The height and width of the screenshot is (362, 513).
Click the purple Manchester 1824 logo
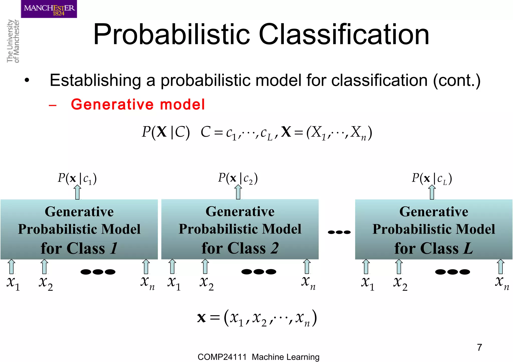pyautogui.click(x=49, y=9)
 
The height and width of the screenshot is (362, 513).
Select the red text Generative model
pyautogui.click(x=138, y=104)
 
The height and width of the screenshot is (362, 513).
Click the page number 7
pyautogui.click(x=479, y=347)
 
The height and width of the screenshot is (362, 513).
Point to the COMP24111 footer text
pyautogui.click(x=222, y=357)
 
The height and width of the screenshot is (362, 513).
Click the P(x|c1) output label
pyautogui.click(x=77, y=178)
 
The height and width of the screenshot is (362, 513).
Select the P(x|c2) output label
pyautogui.click(x=238, y=178)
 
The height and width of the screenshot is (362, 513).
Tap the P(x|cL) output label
pyautogui.click(x=432, y=178)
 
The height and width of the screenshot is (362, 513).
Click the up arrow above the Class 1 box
pyautogui.click(x=78, y=192)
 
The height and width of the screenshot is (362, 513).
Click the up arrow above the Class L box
pyautogui.click(x=432, y=192)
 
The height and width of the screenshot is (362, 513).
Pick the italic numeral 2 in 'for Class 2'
pyautogui.click(x=275, y=248)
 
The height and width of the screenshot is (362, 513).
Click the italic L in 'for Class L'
pyautogui.click(x=468, y=248)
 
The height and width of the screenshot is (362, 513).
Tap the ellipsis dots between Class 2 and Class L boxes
pyautogui.click(x=339, y=232)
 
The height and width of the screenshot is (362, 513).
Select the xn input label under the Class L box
pyautogui.click(x=502, y=283)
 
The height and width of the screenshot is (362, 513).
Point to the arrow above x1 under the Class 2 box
pyautogui.click(x=172, y=266)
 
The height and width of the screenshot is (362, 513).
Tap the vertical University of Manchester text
pyautogui.click(x=13, y=41)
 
